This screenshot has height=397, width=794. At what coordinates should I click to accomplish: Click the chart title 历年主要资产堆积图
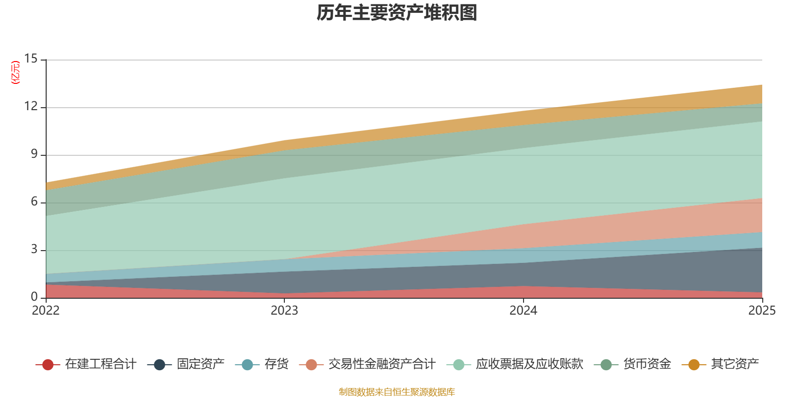(x=397, y=13)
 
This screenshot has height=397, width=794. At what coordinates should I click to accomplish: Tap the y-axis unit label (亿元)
(x=15, y=72)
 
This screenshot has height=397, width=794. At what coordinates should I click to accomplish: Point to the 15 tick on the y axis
(x=31, y=59)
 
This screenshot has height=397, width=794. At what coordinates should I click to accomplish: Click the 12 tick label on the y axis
(x=31, y=106)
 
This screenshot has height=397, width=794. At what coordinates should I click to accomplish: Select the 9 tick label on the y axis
(x=34, y=153)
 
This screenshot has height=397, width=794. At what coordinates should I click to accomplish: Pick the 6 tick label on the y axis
(x=34, y=201)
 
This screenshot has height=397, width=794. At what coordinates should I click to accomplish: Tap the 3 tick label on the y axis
(x=34, y=249)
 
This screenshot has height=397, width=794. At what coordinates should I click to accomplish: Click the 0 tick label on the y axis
(x=34, y=296)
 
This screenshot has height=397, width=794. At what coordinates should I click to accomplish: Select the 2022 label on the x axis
(x=46, y=310)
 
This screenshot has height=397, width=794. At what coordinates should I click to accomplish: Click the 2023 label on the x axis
(x=284, y=310)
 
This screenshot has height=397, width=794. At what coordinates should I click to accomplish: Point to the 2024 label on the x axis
(x=523, y=310)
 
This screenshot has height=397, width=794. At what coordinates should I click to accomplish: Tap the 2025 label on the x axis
(x=762, y=310)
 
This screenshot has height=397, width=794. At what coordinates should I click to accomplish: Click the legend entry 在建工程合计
(x=86, y=364)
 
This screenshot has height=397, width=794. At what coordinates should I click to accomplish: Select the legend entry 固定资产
(x=186, y=364)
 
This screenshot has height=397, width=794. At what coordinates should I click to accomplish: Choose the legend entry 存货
(x=262, y=364)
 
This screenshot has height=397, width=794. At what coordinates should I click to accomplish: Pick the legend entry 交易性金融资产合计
(x=367, y=364)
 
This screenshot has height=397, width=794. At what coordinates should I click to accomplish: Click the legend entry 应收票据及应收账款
(x=515, y=364)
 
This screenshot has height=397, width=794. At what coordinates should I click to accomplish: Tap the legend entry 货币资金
(x=632, y=364)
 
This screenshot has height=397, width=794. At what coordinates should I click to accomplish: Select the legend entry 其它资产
(x=720, y=364)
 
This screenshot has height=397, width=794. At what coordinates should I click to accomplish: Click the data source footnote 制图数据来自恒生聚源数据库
(x=397, y=392)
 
